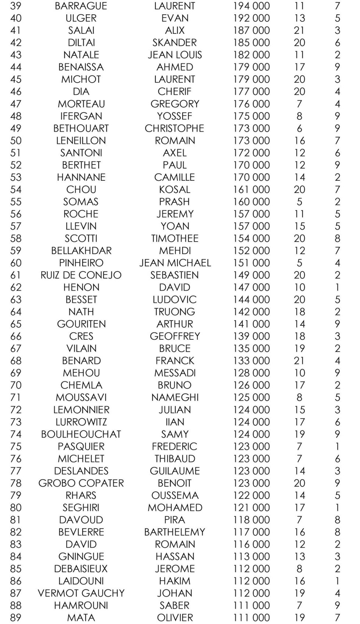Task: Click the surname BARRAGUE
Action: click(x=81, y=6)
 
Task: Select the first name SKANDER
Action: click(x=174, y=43)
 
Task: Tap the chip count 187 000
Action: click(x=251, y=30)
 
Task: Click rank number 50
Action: click(x=16, y=141)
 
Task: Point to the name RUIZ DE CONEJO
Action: click(x=81, y=275)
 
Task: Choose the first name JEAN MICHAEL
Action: click(x=175, y=263)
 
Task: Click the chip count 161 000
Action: click(x=251, y=190)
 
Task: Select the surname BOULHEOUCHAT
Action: click(x=81, y=434)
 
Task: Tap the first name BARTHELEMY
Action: click(x=174, y=532)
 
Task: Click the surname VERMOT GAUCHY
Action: click(x=81, y=593)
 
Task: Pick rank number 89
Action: click(x=16, y=618)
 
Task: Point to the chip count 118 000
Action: click(x=251, y=520)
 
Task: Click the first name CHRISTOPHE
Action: click(x=174, y=128)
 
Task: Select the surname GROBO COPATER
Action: click(x=81, y=483)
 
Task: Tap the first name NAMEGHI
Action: click(x=174, y=397)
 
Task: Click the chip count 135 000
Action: click(x=251, y=349)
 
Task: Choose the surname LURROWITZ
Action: click(x=81, y=422)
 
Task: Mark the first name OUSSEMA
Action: click(x=174, y=495)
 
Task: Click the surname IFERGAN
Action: click(x=81, y=116)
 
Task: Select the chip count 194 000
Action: click(x=251, y=6)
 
